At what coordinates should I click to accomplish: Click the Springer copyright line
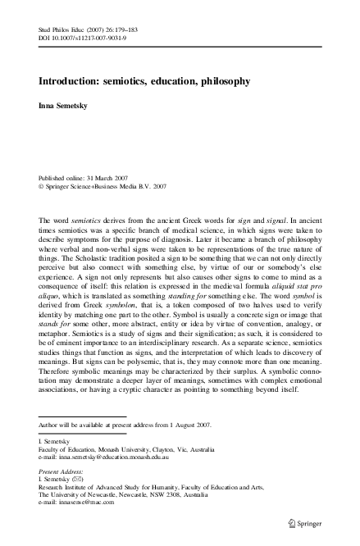(93, 186)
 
